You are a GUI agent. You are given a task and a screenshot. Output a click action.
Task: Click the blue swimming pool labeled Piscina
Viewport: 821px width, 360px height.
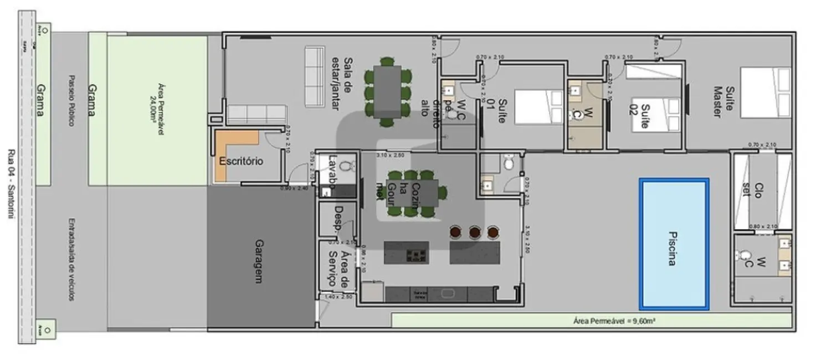pos(674,244)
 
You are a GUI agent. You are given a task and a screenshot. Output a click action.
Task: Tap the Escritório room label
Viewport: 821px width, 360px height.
pos(241,162)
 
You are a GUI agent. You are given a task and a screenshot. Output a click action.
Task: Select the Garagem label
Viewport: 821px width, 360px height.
pos(258,261)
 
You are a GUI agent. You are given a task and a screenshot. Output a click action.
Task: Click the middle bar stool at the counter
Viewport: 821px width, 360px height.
pos(474,232)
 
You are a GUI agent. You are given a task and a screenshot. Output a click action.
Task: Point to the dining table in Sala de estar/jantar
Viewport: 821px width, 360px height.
pos(387,91)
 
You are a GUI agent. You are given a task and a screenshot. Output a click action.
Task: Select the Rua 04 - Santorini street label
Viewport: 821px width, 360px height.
pos(12,183)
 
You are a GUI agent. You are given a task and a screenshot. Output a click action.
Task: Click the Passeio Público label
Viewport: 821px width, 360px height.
pos(71,100)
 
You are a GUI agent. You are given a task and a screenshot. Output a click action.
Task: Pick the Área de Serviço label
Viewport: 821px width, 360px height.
pos(338,269)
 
